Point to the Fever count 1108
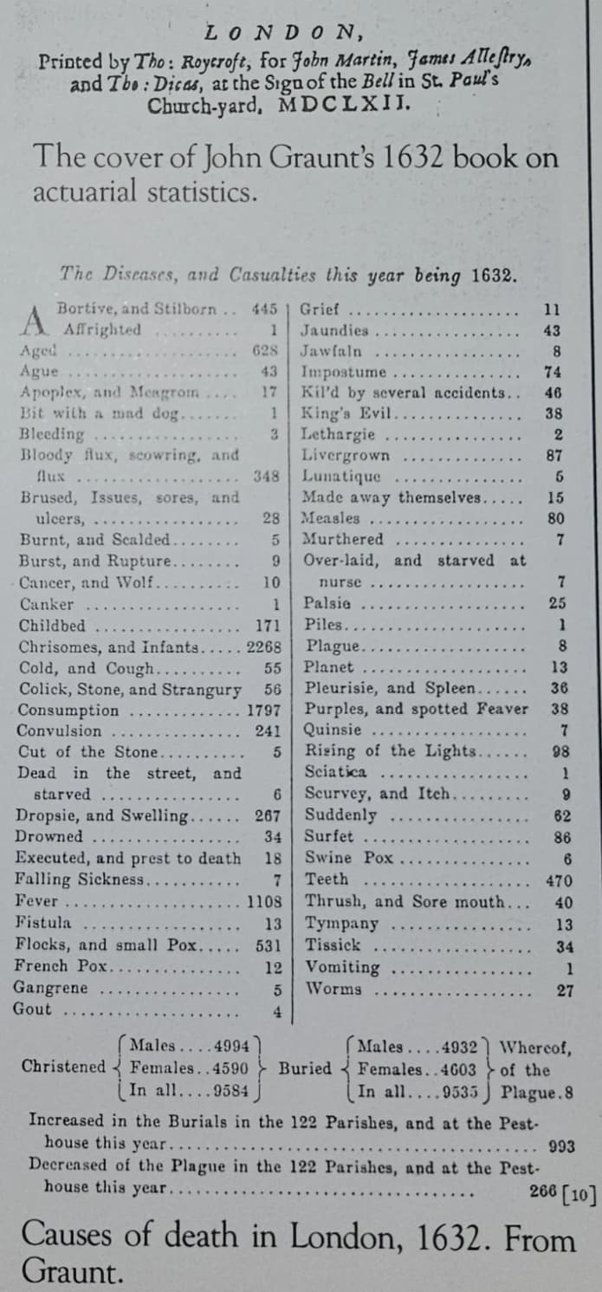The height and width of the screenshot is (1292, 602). click(x=264, y=901)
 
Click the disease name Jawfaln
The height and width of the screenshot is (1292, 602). click(x=332, y=352)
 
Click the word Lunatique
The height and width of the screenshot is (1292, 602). click(x=340, y=477)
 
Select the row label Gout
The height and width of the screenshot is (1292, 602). click(x=34, y=1009)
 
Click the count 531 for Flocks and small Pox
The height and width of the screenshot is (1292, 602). click(x=269, y=945)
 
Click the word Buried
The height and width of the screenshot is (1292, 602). click(x=305, y=1068)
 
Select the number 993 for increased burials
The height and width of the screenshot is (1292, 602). click(x=562, y=1146)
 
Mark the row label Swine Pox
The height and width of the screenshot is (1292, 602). click(x=348, y=858)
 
